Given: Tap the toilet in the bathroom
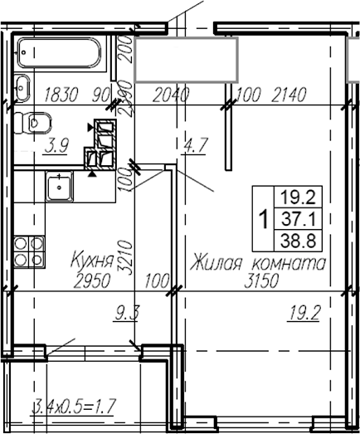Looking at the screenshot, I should pos(38,123).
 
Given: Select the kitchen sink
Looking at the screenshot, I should pos(59,187).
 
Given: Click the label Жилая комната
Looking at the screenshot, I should pos(258,264).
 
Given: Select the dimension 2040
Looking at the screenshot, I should pos(173,94).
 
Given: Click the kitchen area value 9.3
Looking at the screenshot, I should pos(125,312).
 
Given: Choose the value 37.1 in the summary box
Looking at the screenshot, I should pos(301,220).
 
